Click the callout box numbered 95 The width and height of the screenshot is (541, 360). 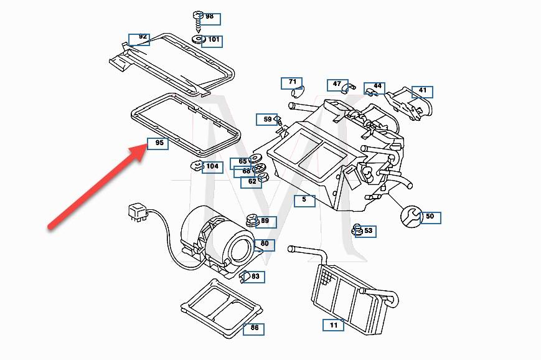[x=158, y=143]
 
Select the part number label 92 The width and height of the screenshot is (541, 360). [x=139, y=38]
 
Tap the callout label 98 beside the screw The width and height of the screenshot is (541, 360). [x=209, y=17]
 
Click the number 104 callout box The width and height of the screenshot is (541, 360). [x=212, y=167]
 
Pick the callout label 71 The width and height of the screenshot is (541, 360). [x=291, y=83]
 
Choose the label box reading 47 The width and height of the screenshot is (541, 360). [x=337, y=85]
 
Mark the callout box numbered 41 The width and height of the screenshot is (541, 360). [x=421, y=92]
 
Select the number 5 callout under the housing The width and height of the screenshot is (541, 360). [x=304, y=200]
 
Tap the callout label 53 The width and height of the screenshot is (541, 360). [x=367, y=231]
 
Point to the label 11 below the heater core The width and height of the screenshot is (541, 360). [x=333, y=325]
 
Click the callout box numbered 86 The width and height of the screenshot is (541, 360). [x=254, y=328]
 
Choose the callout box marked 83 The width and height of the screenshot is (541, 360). [x=255, y=277]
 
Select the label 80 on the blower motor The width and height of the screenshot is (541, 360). [x=264, y=244]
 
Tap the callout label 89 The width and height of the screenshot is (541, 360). [x=265, y=221]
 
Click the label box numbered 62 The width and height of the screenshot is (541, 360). [x=252, y=182]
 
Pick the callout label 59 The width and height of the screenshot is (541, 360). [x=266, y=119]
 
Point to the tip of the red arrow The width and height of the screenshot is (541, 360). [x=145, y=148]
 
